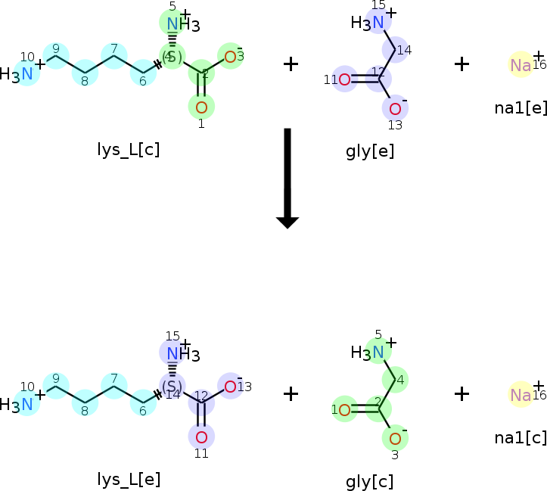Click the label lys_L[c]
[x=128, y=149]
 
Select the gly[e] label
[x=370, y=151]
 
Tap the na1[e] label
[x=521, y=107]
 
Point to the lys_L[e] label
[x=129, y=479]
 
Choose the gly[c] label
[x=369, y=482]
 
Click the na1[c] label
[x=521, y=438]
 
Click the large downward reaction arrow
[x=287, y=178]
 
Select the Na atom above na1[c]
[x=521, y=395]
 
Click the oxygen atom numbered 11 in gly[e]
[x=345, y=79]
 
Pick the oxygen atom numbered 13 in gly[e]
[x=395, y=108]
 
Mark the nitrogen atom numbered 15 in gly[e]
[x=378, y=20]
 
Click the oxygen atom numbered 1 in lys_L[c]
[x=201, y=105]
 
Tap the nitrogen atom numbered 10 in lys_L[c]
[x=26, y=73]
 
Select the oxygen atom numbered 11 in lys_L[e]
[x=201, y=437]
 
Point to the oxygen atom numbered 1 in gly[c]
[x=345, y=410]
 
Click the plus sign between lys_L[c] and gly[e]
[x=291, y=64]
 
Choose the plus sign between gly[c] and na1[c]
[x=462, y=393]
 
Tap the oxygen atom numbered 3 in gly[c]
[x=395, y=437]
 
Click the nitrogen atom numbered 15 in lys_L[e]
[x=173, y=353]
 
